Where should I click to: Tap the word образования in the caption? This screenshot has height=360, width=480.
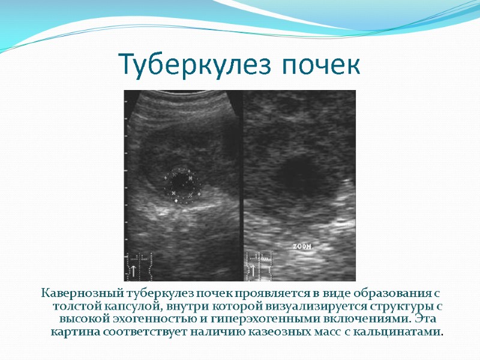coord(388,293)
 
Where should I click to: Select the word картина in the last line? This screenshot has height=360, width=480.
coord(73,332)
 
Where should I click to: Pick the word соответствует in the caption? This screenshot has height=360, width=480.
coord(136,332)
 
